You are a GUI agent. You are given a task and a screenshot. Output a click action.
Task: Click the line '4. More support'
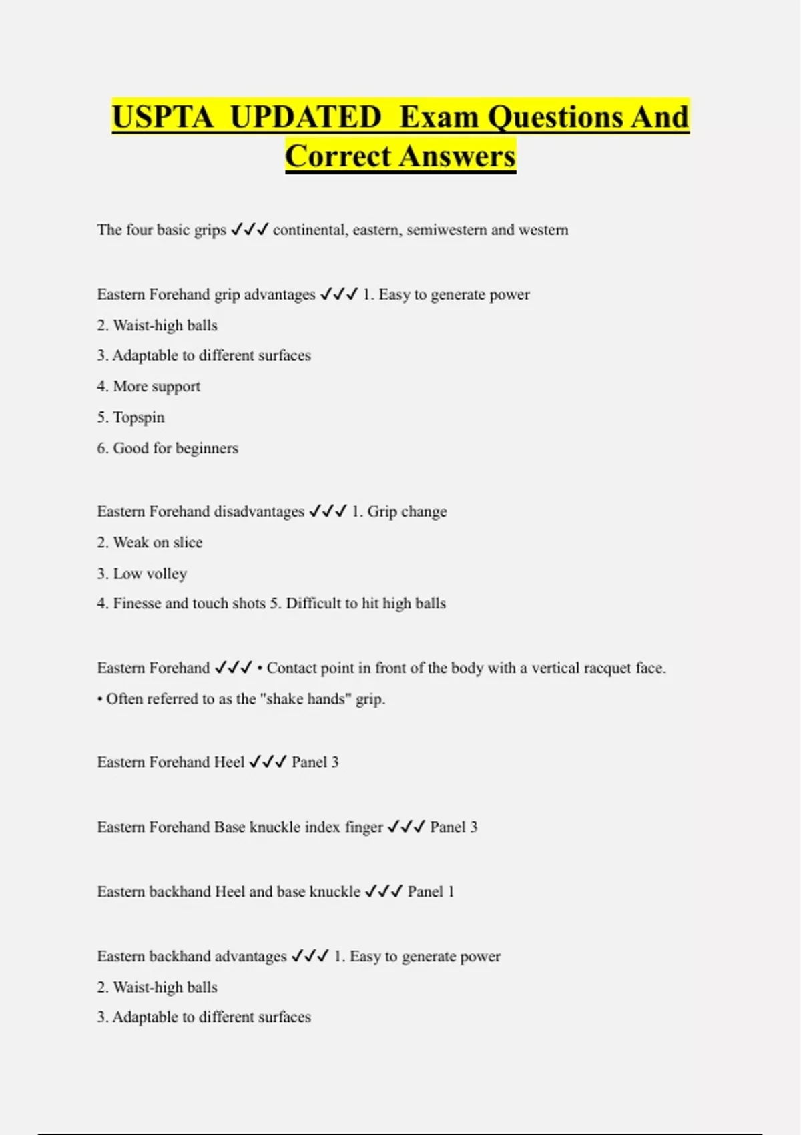click(x=148, y=386)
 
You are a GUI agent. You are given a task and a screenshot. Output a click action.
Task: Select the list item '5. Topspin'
click(x=131, y=417)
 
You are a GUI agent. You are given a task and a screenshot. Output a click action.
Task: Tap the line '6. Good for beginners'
click(x=168, y=448)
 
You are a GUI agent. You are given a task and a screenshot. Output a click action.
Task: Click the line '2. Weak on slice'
click(x=150, y=542)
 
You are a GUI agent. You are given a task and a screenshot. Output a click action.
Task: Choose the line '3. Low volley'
click(x=142, y=574)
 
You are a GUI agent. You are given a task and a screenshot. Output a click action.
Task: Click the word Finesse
click(x=137, y=604)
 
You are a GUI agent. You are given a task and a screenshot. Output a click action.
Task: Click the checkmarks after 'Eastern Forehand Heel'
click(x=268, y=762)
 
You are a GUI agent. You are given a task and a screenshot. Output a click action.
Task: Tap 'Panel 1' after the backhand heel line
click(x=431, y=891)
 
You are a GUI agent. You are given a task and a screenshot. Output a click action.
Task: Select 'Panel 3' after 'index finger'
click(x=454, y=827)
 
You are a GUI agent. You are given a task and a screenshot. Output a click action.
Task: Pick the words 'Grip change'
click(x=407, y=511)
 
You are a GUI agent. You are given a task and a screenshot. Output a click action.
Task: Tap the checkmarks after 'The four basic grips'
click(x=249, y=230)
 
